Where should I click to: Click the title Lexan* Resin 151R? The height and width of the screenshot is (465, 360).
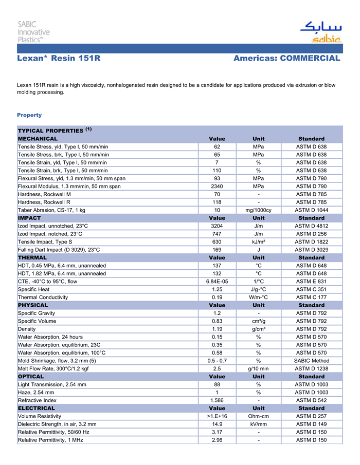coord(58,59)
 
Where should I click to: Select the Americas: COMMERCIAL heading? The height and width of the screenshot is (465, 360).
coord(286,59)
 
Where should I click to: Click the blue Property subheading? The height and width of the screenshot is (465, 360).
coord(29,115)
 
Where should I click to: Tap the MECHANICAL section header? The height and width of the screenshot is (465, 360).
coord(38,139)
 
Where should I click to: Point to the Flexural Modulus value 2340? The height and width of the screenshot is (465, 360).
coord(217,187)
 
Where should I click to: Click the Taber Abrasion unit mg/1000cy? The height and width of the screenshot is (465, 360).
coord(258,210)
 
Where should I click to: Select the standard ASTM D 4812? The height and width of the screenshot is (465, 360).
coord(311,226)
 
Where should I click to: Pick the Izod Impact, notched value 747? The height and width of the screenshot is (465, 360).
coord(217,234)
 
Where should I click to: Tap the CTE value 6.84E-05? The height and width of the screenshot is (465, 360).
coord(217,282)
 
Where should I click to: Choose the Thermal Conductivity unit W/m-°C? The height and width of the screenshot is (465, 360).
coord(258,297)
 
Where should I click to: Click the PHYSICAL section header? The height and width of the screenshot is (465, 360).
coord(33,305)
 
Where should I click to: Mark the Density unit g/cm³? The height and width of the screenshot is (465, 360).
coord(258,329)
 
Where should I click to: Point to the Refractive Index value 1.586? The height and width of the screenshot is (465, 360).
coord(217,400)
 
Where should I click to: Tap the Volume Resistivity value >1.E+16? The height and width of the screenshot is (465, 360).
coord(217,416)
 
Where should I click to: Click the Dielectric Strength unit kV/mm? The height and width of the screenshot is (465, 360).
coord(258,424)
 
